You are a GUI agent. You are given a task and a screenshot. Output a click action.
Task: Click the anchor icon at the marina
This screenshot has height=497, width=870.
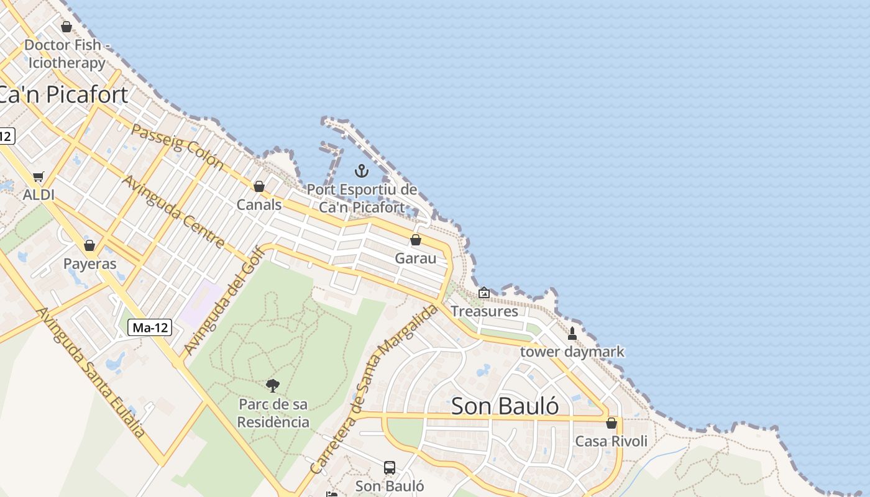coord(361,170)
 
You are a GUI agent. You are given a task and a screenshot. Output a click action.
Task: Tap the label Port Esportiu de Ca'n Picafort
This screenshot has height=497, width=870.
coord(362,198)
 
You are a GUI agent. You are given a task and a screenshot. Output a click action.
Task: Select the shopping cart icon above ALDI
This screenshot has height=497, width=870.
coord(39,177)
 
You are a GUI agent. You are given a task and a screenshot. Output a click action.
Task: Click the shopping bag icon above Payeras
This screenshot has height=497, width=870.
coord(89,245)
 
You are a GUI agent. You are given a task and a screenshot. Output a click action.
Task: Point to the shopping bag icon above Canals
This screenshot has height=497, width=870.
coord(259,186)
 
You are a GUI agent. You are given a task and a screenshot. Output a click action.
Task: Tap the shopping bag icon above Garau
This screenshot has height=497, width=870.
coord(416,240)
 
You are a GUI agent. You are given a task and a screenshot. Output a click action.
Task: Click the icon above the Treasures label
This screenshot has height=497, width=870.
coord(484,293)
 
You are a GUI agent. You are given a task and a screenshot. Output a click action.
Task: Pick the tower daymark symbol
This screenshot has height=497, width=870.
coord(572,334)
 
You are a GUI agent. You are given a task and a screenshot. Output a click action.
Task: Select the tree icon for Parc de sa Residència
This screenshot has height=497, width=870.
coord(273,386)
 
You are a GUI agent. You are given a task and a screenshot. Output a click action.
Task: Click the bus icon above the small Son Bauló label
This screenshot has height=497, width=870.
coord(390,467)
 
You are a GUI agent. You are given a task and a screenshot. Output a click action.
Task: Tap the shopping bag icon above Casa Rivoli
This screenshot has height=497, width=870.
coord(611,423)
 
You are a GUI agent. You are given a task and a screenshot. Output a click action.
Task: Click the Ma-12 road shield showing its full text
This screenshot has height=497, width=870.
coord(150,327)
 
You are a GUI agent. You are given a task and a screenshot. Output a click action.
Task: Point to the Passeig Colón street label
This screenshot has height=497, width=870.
coord(177,147)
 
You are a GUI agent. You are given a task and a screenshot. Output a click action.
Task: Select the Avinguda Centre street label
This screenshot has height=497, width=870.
coord(173,212)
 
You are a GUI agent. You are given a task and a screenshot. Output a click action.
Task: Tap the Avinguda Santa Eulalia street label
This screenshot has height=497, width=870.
coord(91,373)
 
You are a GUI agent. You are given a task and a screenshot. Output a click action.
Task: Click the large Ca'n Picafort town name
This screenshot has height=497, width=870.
coord(62,94)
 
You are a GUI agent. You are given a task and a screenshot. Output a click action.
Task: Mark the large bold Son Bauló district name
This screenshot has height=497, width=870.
coord(505,406)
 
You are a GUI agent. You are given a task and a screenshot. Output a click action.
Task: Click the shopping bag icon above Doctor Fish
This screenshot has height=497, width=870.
coord(66,27)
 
